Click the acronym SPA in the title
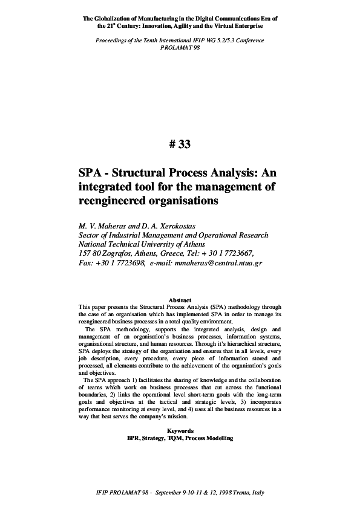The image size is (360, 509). (91, 172)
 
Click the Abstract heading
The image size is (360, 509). (180, 300)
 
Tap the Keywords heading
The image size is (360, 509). (180, 430)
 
